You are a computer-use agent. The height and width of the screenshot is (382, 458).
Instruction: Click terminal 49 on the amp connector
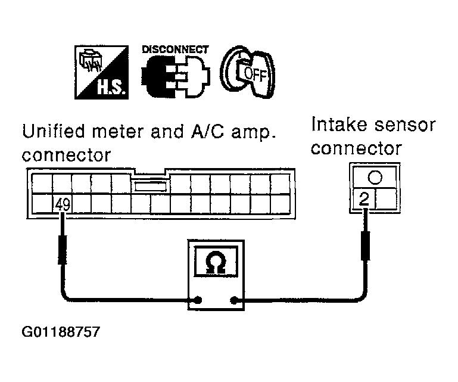point(62,204)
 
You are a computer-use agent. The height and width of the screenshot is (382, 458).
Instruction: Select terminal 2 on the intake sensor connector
point(364,199)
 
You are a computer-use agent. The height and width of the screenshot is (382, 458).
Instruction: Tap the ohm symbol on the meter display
point(215,262)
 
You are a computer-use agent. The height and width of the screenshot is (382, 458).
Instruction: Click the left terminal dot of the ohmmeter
point(198,300)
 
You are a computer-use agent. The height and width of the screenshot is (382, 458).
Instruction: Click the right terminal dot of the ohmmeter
point(233,300)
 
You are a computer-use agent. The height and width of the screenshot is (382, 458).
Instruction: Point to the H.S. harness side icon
point(101,72)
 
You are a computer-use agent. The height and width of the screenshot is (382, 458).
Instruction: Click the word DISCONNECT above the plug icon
point(175,49)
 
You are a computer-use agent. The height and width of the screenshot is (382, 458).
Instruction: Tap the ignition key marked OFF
point(247,72)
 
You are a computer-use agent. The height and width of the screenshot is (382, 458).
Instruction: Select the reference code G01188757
point(61,332)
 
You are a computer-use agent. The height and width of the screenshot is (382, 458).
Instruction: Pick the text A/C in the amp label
point(207,131)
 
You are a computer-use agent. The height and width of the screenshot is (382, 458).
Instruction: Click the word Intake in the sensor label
point(339,124)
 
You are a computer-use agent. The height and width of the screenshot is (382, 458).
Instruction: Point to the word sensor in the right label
point(405,125)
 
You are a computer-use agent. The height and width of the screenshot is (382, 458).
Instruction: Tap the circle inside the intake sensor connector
point(375,177)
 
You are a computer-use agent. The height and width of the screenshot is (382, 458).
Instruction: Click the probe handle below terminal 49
point(62,249)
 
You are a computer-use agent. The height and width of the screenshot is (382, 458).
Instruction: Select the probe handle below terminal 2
point(366,246)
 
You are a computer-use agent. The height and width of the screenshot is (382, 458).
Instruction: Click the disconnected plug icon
point(176,77)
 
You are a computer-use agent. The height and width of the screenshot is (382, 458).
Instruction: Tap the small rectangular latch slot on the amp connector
point(151,186)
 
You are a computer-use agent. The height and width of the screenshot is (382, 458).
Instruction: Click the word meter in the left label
point(119,132)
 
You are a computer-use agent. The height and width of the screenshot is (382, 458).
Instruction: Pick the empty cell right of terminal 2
point(386,199)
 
